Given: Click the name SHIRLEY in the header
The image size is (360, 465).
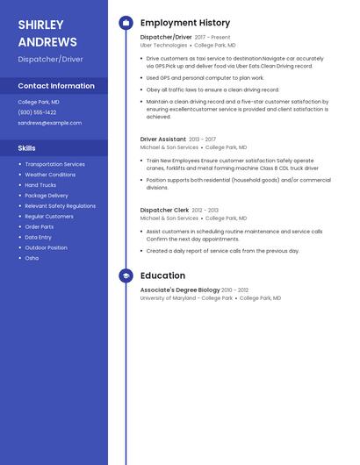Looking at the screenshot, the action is coord(40,25).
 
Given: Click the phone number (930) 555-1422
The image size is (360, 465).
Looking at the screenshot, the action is coord(37,112).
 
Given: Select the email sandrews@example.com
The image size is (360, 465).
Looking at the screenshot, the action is coord(49,123).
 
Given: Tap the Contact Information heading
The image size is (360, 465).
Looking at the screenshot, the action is coord(56,86).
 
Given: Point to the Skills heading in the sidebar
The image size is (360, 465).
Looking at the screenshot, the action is coord(27,148).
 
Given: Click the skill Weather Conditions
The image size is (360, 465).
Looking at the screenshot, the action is coord(50,175).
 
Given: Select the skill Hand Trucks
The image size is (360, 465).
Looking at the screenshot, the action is coord(40,185).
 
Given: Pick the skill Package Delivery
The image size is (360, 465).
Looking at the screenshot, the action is coord(47,196).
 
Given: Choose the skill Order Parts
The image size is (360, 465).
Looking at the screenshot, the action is coord(40,226).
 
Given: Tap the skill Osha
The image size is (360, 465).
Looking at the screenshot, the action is coord(32,258).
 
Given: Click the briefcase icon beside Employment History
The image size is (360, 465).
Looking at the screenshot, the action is coord(126,23).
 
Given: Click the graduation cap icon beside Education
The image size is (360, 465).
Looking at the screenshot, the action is coord(126,275).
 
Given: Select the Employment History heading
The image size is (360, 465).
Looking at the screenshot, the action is coord(185,23).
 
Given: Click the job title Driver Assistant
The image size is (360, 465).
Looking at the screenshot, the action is coord(163,139).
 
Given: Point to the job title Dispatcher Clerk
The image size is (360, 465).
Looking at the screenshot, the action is coord(164,210).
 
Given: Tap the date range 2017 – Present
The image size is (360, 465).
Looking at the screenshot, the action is coord(212,38).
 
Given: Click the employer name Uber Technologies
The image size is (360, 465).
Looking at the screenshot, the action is coord(163,45).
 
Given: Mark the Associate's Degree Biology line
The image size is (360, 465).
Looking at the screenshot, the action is coord(180,290).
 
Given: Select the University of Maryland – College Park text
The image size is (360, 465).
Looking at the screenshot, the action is coord(186,298).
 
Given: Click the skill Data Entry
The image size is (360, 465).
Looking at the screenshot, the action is coord(39,237).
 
